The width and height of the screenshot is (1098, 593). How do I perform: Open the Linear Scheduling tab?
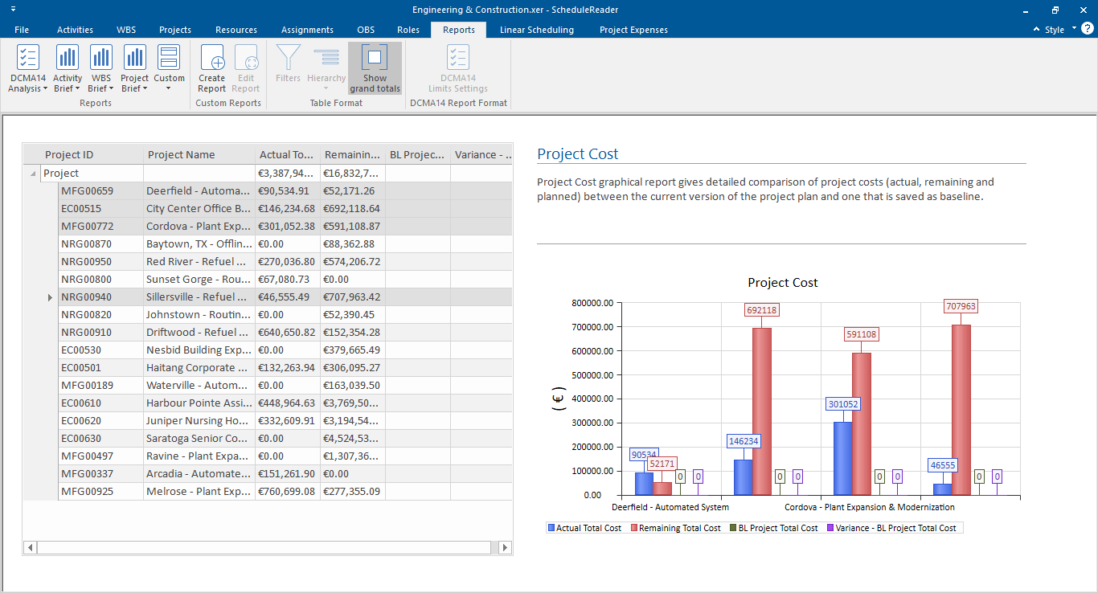click(536, 30)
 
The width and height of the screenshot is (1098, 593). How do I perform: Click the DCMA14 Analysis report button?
click(27, 68)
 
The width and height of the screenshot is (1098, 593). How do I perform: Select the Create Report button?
click(212, 68)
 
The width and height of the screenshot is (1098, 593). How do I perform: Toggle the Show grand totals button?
click(375, 68)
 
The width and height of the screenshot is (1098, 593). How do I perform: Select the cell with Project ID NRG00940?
click(86, 297)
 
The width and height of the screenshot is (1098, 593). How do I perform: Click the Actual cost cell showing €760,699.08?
click(287, 492)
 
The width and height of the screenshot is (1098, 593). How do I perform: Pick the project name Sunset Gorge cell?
click(199, 280)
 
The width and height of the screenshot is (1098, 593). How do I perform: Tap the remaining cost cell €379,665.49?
click(352, 350)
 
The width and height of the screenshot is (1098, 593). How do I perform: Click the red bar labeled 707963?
click(961, 410)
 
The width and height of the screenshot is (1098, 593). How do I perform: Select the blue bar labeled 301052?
click(842, 458)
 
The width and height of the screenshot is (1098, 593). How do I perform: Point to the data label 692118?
click(761, 310)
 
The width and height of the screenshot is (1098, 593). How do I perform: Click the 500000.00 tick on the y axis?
click(592, 374)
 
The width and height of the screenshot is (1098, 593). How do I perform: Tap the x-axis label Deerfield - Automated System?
click(670, 507)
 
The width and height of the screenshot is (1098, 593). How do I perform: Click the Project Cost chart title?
click(782, 283)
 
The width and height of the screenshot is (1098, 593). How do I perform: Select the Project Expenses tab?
click(633, 30)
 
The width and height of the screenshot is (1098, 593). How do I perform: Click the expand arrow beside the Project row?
click(33, 174)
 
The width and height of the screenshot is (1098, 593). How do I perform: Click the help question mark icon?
click(1087, 29)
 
